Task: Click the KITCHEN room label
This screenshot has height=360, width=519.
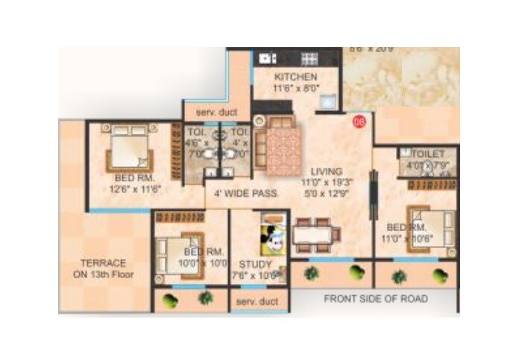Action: tap(295, 77)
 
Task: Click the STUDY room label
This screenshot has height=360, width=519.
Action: tap(255, 264)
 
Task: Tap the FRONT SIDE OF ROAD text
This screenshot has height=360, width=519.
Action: tap(376, 299)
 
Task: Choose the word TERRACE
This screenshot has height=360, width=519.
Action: tap(104, 262)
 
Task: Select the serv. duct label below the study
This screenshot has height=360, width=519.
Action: tap(257, 302)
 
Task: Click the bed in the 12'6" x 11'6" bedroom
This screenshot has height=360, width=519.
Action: tap(130, 148)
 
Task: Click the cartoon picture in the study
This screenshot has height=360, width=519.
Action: tap(271, 236)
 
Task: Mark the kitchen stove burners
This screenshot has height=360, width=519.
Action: tap(309, 58)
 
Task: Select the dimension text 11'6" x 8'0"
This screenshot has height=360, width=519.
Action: tap(295, 88)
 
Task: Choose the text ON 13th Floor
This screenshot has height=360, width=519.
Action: tap(104, 274)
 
